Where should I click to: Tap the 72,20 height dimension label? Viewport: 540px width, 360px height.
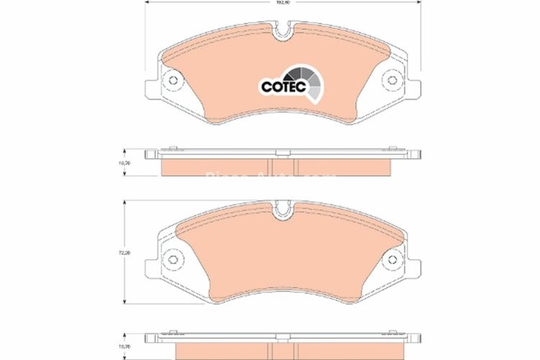(125, 253)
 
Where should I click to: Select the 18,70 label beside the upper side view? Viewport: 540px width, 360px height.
(125, 163)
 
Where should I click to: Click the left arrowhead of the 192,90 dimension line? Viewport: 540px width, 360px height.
(148, 4)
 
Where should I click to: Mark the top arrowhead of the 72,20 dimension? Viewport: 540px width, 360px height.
(126, 202)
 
